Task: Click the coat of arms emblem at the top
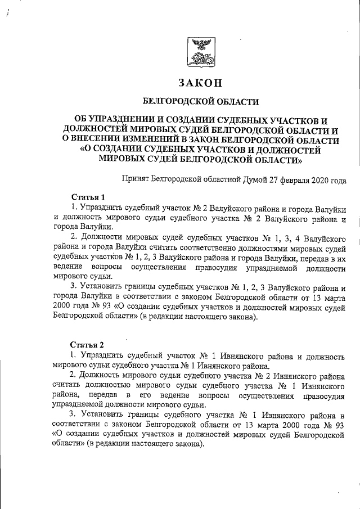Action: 200,52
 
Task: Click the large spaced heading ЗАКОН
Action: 201,82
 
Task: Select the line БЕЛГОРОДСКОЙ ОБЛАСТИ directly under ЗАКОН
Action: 201,102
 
